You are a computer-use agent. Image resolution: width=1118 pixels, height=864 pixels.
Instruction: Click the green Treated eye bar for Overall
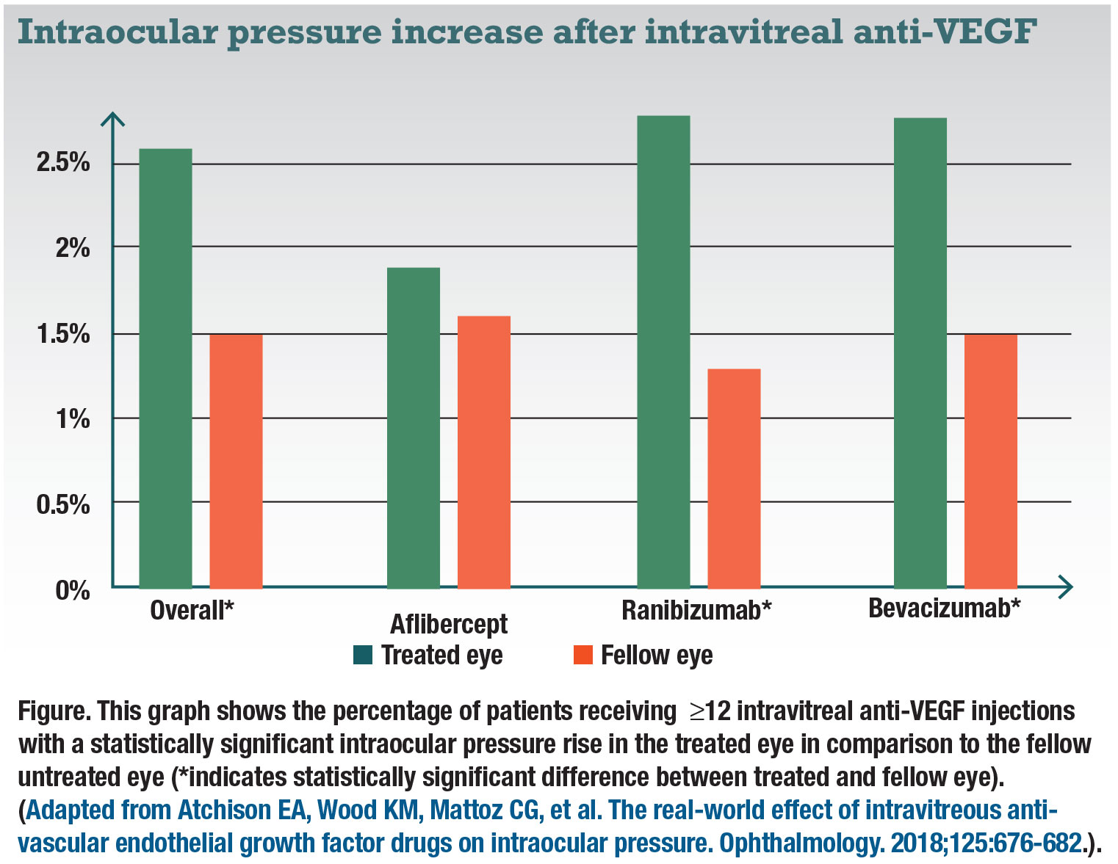tap(165, 368)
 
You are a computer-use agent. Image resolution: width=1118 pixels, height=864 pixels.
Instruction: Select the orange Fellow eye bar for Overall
tap(236, 461)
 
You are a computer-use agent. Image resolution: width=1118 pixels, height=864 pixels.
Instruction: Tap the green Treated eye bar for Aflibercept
tap(414, 428)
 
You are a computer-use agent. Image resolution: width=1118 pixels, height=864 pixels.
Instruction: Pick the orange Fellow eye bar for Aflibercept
tap(484, 452)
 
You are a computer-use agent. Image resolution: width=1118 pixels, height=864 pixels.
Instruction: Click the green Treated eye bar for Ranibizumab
tap(663, 352)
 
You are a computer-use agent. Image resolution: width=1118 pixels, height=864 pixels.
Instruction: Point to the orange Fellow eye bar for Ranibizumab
tap(734, 479)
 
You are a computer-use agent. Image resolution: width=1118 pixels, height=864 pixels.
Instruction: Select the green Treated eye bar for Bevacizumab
tap(920, 353)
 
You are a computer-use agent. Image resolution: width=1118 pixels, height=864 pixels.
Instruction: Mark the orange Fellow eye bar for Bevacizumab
tap(991, 461)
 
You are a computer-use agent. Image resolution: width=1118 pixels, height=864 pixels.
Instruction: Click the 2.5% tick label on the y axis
tap(63, 162)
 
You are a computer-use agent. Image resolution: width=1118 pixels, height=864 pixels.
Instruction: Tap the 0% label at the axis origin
tap(73, 590)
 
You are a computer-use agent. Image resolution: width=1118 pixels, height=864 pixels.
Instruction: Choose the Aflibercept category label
tap(448, 624)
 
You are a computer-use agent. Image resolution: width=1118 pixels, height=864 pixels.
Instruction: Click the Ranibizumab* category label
tap(696, 610)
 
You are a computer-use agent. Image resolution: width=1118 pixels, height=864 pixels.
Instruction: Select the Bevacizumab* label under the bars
tap(945, 609)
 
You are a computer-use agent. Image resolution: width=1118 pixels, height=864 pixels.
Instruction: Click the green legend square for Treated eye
tap(363, 655)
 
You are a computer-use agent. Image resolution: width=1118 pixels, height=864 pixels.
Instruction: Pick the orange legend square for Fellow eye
tap(583, 655)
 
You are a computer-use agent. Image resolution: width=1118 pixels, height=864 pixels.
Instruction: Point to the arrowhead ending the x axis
tap(1067, 587)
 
